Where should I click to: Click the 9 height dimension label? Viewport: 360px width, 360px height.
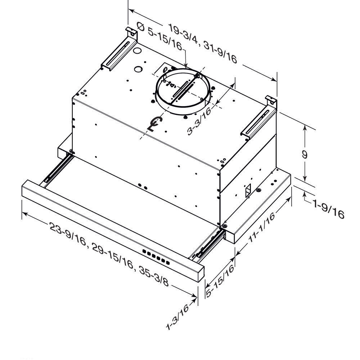click(x=305, y=154)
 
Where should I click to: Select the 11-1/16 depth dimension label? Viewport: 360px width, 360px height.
click(x=261, y=227)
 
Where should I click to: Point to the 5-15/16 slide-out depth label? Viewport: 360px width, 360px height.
click(x=220, y=280)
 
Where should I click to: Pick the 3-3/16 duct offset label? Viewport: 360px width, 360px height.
click(x=199, y=121)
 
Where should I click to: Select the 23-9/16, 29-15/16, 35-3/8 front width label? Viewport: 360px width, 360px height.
click(x=109, y=255)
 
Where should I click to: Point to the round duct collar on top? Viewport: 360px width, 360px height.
click(x=183, y=91)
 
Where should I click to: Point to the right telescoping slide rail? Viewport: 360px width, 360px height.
click(x=207, y=245)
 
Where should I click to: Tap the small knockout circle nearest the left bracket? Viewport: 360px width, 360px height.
click(x=137, y=51)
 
